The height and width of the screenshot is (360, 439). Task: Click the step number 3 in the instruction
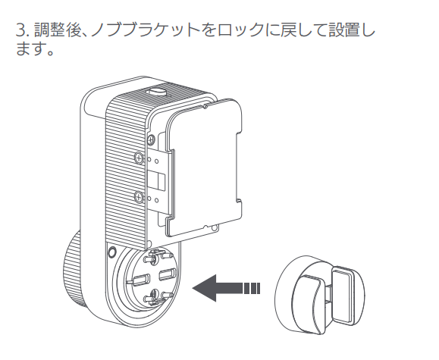click(20, 30)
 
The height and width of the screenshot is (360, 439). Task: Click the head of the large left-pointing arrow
click(205, 288)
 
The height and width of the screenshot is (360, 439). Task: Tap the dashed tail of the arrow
click(252, 288)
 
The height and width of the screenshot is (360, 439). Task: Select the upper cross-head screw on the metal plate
click(139, 157)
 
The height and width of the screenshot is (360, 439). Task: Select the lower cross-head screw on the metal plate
click(139, 196)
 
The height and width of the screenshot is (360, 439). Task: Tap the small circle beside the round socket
click(111, 252)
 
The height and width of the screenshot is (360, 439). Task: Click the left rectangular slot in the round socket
click(141, 280)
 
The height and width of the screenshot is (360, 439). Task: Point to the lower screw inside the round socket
click(154, 295)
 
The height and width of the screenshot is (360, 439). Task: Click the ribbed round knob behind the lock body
click(72, 270)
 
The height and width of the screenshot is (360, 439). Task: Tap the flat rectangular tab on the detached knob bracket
click(343, 297)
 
